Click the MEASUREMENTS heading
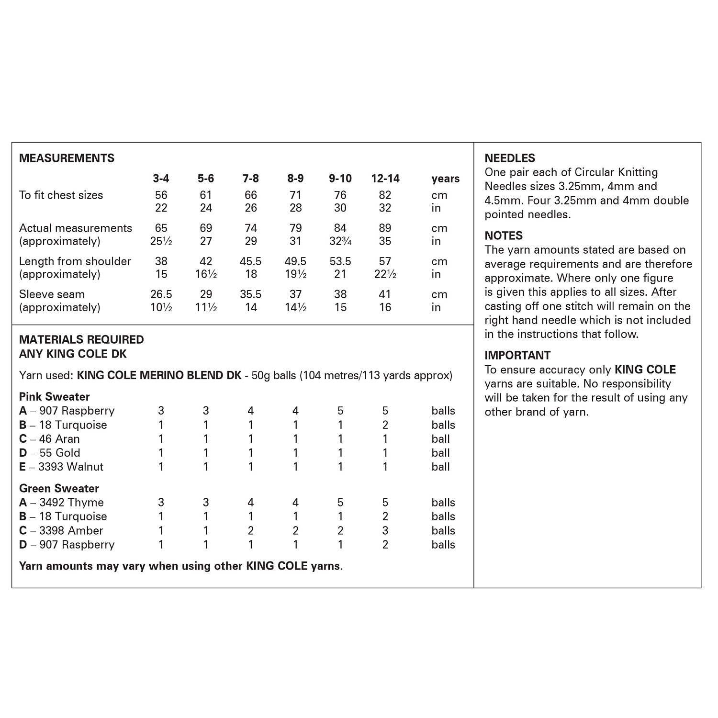pos(67,158)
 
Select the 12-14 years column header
pos(385,179)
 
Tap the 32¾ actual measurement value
pos(340,241)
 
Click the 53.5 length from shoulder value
pos(340,261)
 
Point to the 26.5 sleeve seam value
pos(161,294)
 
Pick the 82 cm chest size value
pos(385,195)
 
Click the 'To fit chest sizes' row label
pos(61,195)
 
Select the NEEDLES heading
pos(510,158)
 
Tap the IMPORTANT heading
pos(517,356)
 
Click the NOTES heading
pos(504,236)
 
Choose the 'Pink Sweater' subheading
pos(54,397)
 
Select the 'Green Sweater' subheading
pos(59,489)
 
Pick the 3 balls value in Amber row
pos(385,531)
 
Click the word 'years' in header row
pos(445,179)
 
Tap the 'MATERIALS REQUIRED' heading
pos(81,340)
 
